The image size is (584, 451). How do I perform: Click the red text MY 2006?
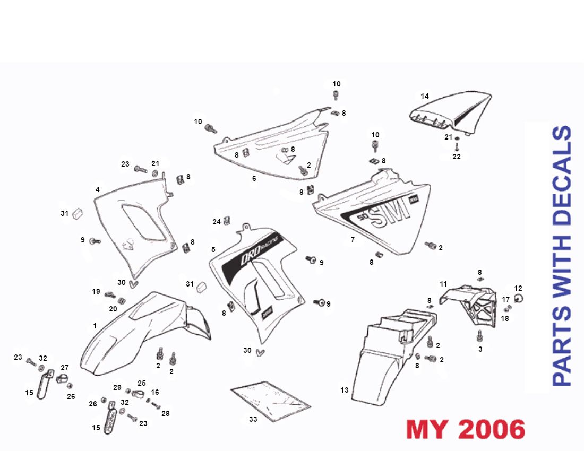point(466,429)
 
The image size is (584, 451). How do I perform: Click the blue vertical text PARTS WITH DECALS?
point(562,255)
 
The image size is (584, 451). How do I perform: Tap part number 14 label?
point(425,97)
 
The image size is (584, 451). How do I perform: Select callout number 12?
point(518,288)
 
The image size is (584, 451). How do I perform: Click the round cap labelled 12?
point(519,299)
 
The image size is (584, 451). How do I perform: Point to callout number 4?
point(98,189)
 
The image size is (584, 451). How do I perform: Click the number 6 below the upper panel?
point(254,179)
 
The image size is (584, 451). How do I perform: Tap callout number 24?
point(217,222)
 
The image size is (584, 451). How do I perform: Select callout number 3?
point(480,349)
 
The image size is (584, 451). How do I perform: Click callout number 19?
point(96,291)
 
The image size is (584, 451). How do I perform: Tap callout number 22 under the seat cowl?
point(457,157)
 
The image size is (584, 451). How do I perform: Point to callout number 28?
point(166,413)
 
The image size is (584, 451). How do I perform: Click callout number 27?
point(65,368)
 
